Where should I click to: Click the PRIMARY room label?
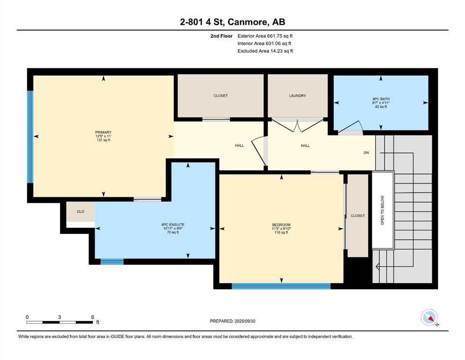103,132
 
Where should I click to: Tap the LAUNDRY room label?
297,96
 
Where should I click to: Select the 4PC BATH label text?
381,99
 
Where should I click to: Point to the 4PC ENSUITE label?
173,225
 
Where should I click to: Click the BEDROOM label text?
281,225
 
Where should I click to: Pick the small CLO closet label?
81,211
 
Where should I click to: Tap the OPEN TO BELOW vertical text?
382,210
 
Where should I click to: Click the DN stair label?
366,152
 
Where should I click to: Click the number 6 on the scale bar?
93,317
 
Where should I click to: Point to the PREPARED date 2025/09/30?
232,321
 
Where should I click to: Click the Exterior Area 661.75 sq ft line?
265,36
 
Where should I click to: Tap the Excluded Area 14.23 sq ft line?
265,51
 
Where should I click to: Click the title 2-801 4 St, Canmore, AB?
232,22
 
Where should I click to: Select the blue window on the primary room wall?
30,137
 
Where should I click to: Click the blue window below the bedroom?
281,286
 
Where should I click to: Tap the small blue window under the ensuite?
112,262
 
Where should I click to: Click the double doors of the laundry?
297,125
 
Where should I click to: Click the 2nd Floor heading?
221,36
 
